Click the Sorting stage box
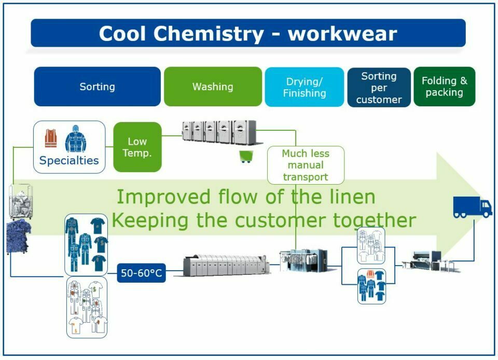pos(97,87)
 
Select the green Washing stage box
pos(213,87)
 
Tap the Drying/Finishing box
pos(305,87)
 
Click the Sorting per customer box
pos(379,87)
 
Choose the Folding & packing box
pos(444,87)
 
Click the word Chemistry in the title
pos(210,34)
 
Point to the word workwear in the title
pos(342,34)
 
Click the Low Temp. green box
pos(137,147)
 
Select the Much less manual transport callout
pos(306,165)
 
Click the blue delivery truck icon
pos(472,207)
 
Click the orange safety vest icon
pos(51,138)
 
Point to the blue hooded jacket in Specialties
pos(76,139)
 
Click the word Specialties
pos(69,160)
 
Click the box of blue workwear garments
pos(86,244)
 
